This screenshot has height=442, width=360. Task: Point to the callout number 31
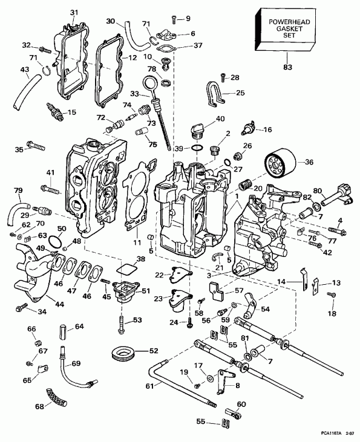tap(74, 13)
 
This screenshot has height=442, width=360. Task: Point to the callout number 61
tap(148, 385)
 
